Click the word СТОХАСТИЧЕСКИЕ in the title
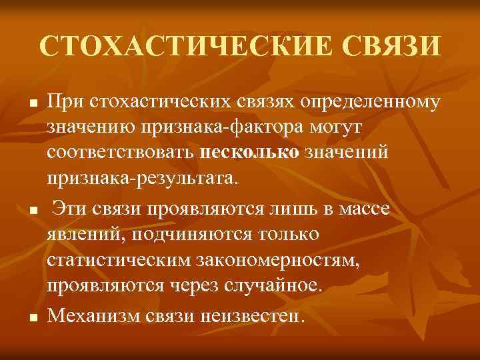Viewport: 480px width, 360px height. (x=182, y=48)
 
